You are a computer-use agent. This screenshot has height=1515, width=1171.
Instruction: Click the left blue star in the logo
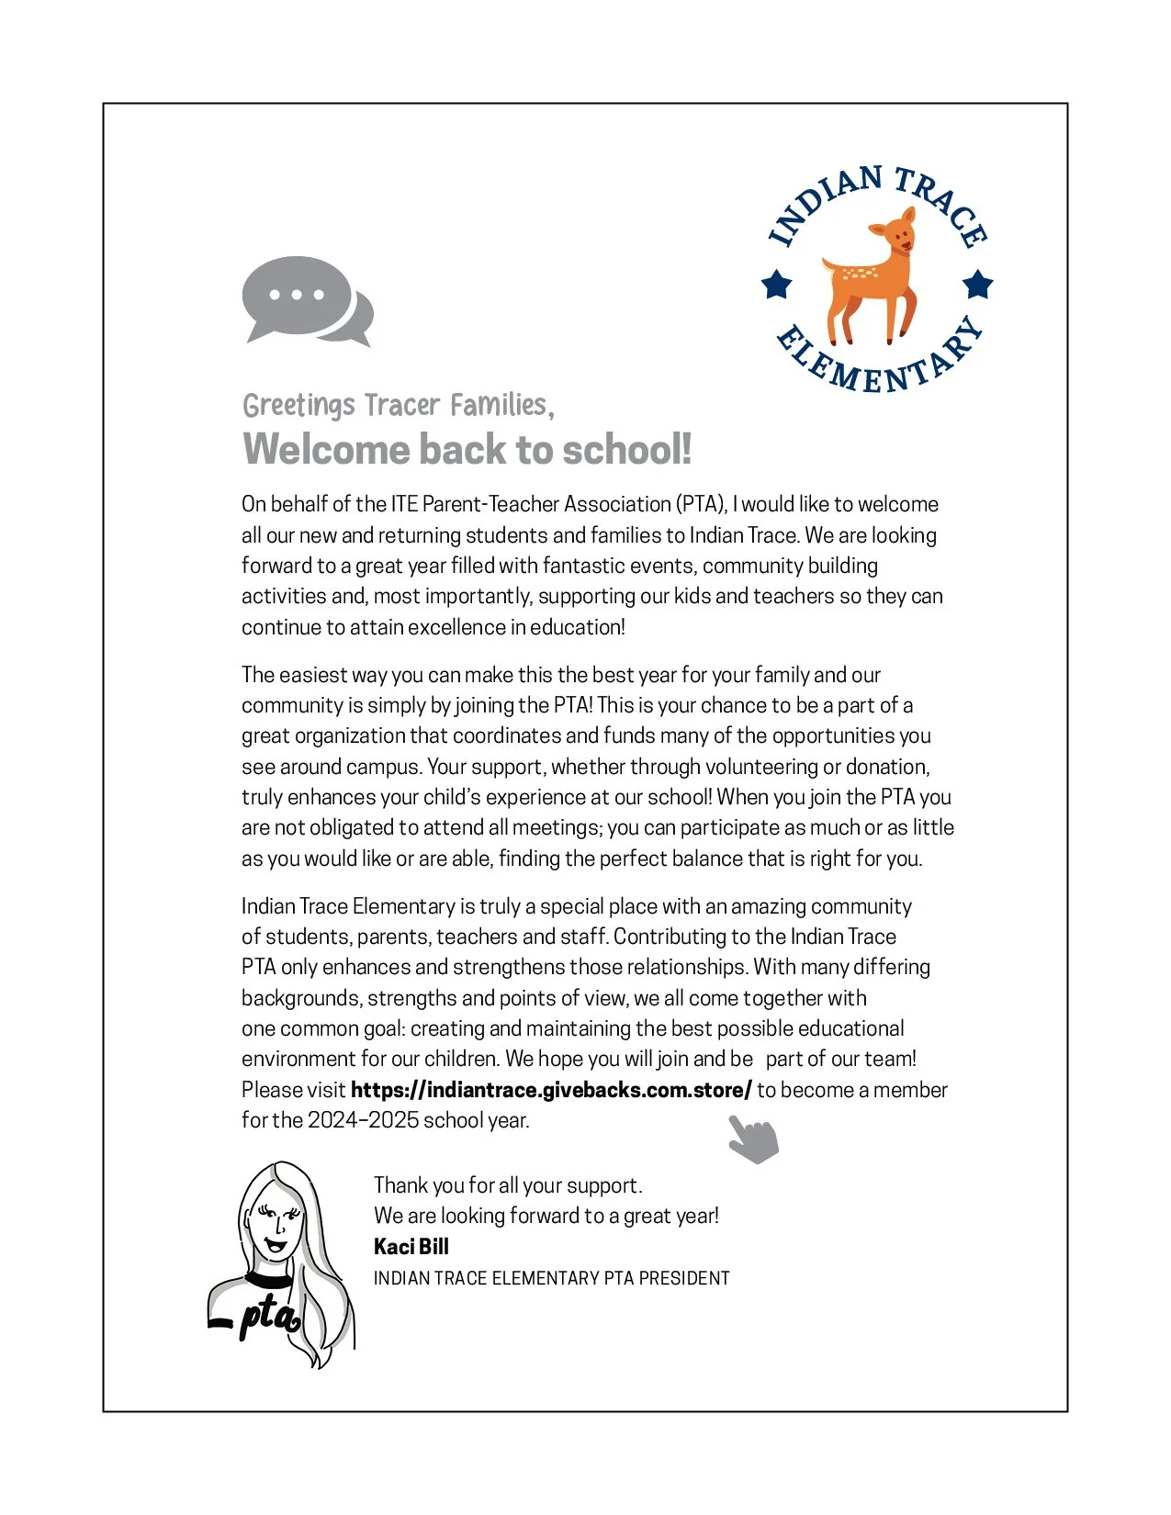(x=777, y=284)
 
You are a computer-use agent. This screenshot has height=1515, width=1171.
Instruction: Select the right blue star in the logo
(x=978, y=284)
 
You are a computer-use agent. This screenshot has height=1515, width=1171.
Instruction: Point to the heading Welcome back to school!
(x=467, y=449)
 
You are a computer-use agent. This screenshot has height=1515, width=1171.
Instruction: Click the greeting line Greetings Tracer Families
(x=398, y=405)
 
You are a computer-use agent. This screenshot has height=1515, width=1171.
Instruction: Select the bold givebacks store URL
(x=551, y=1090)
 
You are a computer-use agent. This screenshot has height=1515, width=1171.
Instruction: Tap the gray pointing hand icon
(x=753, y=1139)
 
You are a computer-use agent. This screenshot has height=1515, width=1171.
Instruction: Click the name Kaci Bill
(x=411, y=1246)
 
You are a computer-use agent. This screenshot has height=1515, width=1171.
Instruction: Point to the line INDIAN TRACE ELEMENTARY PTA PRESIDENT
(x=551, y=1278)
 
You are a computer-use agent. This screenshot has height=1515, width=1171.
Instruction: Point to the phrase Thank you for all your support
(x=507, y=1185)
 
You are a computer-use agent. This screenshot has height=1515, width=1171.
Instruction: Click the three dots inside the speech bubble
(x=297, y=295)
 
